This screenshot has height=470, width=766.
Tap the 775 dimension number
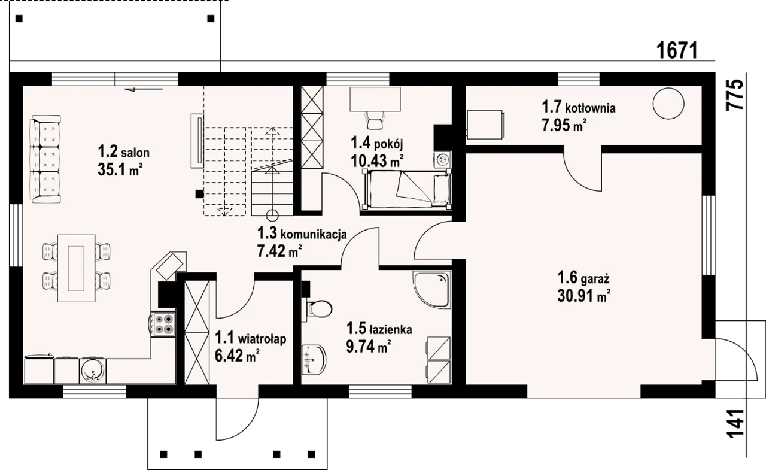pos(735,95)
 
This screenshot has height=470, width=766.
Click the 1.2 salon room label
pos(123,151)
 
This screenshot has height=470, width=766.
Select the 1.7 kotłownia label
pos(579,107)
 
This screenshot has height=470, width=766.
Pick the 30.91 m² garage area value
pos(583,296)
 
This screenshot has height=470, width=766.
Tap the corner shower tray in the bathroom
pos(432,290)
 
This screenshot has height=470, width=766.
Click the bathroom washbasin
pos(314,359)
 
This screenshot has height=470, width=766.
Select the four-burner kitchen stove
pos(162,325)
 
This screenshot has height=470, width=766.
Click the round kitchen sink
pos(92,371)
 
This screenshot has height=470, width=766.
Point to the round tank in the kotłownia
pos(668,104)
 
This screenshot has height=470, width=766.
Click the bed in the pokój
pos(406,189)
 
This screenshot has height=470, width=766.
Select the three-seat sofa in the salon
pos(45,159)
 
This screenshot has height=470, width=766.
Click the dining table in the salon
pos(76,268)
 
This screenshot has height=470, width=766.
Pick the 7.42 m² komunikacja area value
pos(279,251)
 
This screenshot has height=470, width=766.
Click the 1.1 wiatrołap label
pos(250,338)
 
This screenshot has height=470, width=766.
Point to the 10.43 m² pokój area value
pos(377,160)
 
